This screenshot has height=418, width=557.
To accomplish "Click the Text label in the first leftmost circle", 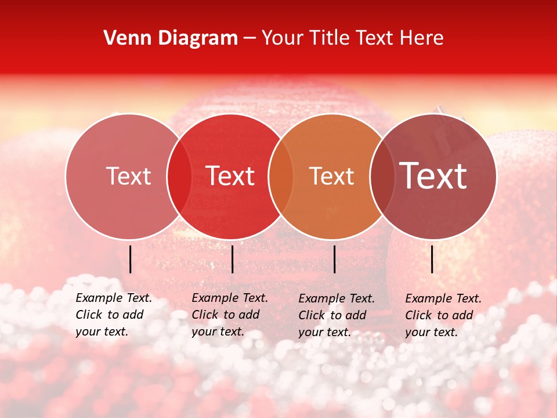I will [129, 176].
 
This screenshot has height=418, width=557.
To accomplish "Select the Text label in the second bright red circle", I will [230, 176].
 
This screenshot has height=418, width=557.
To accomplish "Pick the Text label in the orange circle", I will [332, 176].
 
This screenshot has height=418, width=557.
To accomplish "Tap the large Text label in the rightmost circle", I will [433, 176].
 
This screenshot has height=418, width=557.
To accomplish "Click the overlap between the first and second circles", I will [179, 176].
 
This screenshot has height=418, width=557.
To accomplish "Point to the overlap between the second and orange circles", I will [281, 176].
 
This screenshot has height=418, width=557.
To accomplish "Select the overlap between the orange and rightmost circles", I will [382, 176].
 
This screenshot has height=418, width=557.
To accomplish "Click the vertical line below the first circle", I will [130, 259].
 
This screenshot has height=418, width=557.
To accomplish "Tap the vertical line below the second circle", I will [232, 259].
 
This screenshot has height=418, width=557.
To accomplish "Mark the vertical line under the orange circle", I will [334, 259].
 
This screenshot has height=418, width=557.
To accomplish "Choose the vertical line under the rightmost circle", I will [432, 259].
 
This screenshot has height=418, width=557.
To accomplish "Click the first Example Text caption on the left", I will [113, 315].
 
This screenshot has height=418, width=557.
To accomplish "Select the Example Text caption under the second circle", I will [229, 315].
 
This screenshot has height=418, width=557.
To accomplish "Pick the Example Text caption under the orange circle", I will [336, 315].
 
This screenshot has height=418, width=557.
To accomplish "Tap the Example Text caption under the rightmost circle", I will [443, 315].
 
